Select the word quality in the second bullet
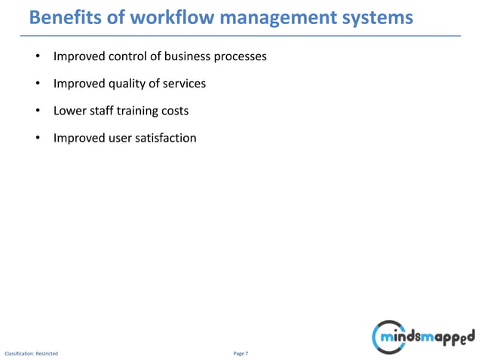pyautogui.click(x=130, y=84)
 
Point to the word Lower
pyautogui.click(x=69, y=111)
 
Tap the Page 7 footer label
pyautogui.click(x=240, y=352)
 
